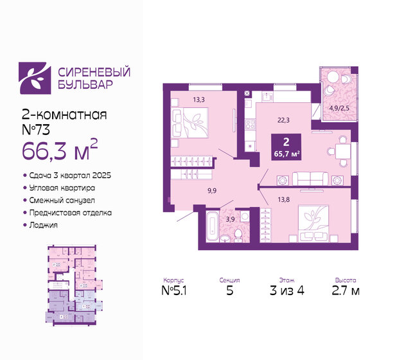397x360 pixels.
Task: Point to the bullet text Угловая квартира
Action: point(62,188)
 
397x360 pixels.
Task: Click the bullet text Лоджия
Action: point(43,225)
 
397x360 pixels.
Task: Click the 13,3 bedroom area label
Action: point(199,99)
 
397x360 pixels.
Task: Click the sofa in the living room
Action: point(310,178)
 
